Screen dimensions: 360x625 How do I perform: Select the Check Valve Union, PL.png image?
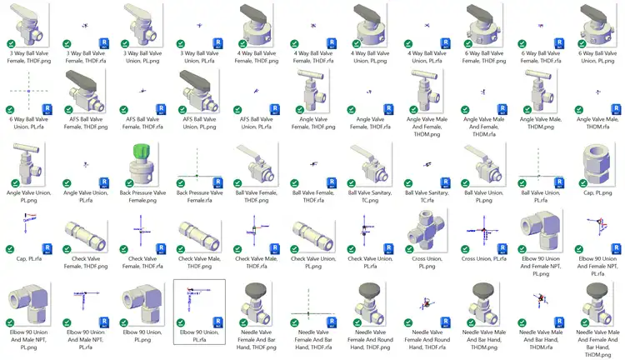312,232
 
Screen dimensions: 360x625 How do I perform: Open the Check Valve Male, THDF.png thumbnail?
198,232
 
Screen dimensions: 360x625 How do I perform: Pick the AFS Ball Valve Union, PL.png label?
198,123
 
